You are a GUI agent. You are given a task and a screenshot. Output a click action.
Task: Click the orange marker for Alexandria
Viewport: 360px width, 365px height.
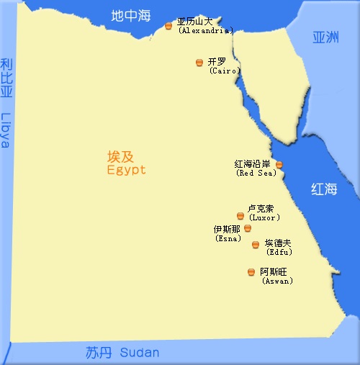tap(168, 26)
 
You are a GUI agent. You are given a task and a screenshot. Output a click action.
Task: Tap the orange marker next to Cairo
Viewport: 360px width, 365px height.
tap(199, 63)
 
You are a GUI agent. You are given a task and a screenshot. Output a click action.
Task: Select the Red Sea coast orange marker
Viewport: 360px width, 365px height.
tap(279, 165)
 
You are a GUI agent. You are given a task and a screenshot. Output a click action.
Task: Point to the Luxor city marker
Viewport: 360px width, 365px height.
tap(240, 215)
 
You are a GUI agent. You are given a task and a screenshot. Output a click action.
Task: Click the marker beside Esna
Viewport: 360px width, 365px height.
tap(248, 228)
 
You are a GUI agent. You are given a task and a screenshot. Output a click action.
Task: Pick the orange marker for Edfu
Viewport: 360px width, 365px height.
tap(256, 245)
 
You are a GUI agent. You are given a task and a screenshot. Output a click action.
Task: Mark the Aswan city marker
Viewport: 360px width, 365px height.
tap(251, 271)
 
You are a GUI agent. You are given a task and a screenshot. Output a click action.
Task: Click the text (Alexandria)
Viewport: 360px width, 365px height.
tap(206, 31)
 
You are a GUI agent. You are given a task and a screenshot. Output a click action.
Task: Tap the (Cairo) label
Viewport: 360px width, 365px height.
tap(224, 71)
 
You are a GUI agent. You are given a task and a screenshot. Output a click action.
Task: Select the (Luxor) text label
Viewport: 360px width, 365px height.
tap(264, 217)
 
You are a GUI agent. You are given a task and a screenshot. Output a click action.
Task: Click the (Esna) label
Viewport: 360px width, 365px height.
tap(229, 238)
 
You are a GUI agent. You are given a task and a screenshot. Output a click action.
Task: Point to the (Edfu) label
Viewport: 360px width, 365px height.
tap(279, 253)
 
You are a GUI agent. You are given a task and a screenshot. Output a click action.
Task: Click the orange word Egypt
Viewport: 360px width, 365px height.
tap(126, 171)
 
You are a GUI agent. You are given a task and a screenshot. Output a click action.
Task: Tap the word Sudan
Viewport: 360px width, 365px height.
tap(140, 353)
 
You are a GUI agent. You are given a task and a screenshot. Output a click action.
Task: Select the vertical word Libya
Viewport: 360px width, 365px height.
tap(6, 130)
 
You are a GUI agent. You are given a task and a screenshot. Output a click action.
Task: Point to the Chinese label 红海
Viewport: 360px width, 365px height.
tap(324, 189)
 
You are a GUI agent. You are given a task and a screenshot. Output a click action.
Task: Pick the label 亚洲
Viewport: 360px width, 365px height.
tap(325, 37)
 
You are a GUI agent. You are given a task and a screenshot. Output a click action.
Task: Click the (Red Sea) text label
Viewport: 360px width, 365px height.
tap(253, 174)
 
